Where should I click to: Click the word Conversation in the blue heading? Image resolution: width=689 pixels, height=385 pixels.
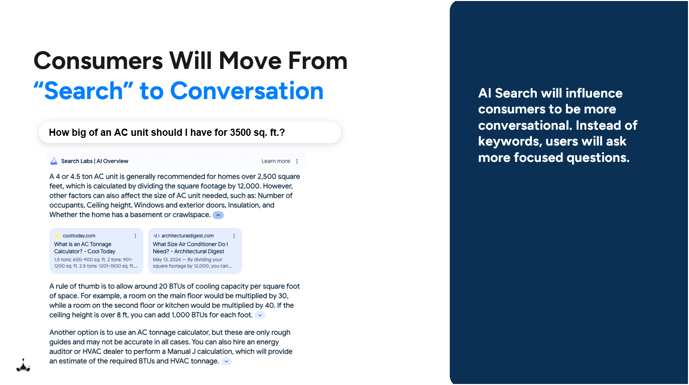247,91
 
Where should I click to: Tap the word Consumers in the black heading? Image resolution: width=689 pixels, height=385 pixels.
98,61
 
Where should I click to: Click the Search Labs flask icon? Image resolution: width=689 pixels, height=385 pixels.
54,161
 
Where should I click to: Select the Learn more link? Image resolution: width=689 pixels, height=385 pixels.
275,161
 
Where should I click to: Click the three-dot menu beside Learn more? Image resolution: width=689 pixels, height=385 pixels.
297,161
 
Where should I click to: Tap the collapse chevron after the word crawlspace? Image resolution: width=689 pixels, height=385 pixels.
218,215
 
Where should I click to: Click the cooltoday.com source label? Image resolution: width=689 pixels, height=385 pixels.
79,236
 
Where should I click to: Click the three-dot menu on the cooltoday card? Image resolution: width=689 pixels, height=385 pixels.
135,236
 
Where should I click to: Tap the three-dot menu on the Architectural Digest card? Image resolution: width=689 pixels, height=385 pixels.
234,236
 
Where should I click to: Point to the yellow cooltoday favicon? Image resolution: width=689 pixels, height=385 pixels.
57,236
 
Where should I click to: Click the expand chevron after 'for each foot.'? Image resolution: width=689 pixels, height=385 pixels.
260,315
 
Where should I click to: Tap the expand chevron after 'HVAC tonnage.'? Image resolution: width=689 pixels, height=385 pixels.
226,362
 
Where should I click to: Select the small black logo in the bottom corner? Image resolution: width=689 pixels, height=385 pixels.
23,366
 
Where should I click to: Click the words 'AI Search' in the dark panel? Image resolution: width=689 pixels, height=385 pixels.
507,93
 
